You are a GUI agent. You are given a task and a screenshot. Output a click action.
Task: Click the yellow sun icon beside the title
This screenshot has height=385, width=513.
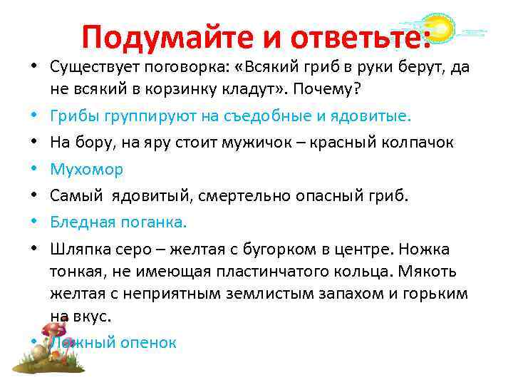[x=438, y=29]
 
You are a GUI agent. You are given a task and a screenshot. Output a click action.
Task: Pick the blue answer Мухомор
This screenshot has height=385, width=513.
[x=87, y=169]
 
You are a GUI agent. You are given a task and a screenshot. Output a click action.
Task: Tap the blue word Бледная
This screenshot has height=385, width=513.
[x=81, y=222]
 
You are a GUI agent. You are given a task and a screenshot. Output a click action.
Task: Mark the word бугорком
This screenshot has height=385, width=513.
[x=259, y=249]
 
